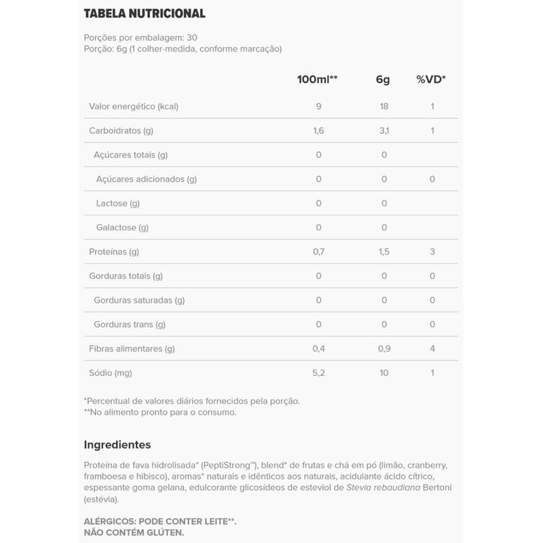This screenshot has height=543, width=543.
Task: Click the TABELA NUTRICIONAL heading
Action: [144, 14]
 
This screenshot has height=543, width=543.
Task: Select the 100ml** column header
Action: [318, 79]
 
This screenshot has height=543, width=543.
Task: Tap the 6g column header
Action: [383, 79]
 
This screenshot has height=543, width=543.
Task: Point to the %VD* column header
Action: [431, 79]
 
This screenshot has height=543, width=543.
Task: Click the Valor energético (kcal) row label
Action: [134, 107]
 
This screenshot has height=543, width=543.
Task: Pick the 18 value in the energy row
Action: [383, 107]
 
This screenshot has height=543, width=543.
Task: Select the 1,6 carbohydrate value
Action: [318, 130]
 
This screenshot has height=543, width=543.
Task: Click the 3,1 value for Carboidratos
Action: [383, 130]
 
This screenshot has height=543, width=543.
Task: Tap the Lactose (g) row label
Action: [118, 203]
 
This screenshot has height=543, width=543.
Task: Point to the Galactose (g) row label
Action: [122, 227]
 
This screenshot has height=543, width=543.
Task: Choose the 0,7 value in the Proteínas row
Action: [318, 252]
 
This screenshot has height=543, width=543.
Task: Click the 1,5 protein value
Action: [383, 252]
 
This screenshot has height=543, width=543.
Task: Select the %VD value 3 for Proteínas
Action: [432, 252]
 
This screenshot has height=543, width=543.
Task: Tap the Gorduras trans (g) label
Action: [130, 324]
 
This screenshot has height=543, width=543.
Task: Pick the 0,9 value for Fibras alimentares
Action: [383, 349]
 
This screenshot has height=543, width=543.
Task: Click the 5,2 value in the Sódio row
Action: [318, 373]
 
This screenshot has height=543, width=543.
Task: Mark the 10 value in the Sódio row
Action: [383, 373]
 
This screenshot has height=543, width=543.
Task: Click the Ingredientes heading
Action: [117, 445]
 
